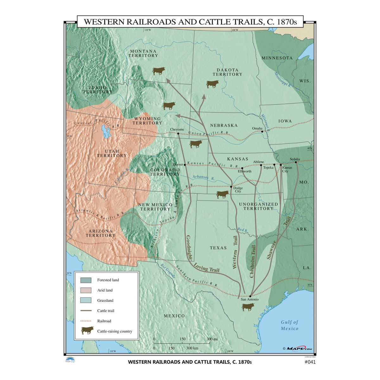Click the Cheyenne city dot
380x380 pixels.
tap(178, 133)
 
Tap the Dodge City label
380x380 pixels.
tap(237, 190)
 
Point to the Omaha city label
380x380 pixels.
tap(257, 128)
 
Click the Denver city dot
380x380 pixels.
tap(185, 165)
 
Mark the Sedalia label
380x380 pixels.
tap(294, 159)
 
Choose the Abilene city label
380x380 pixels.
tap(258, 162)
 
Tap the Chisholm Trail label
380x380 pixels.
tap(253, 262)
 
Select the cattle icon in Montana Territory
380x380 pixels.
tap(159, 71)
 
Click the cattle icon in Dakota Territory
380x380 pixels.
tap(212, 84)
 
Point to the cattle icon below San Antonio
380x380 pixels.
tap(248, 307)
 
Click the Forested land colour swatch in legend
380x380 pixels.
tap(86, 280)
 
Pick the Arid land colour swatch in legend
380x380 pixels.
tap(86, 290)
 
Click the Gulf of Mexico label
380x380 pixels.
tap(289, 325)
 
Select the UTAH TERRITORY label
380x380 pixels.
tap(111, 154)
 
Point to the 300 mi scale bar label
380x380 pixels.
tap(212, 339)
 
